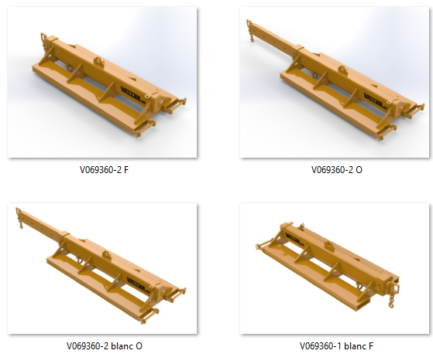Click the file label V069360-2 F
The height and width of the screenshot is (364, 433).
104,170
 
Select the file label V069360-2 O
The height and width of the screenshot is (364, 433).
337,170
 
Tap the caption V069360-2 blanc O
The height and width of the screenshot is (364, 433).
105,345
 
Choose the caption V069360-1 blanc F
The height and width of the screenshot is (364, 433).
337,345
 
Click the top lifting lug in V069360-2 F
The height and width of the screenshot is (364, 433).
99,62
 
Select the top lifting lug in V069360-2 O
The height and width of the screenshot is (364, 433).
342,70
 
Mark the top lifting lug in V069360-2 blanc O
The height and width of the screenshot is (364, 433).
107,255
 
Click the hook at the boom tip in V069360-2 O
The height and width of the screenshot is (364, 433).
252,38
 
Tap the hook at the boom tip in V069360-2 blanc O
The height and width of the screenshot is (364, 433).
21,225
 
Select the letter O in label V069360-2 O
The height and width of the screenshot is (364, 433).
359,170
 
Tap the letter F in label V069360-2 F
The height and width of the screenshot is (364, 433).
126,170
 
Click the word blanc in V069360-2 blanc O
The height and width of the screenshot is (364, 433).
122,345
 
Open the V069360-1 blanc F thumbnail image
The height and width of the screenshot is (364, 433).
335,269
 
